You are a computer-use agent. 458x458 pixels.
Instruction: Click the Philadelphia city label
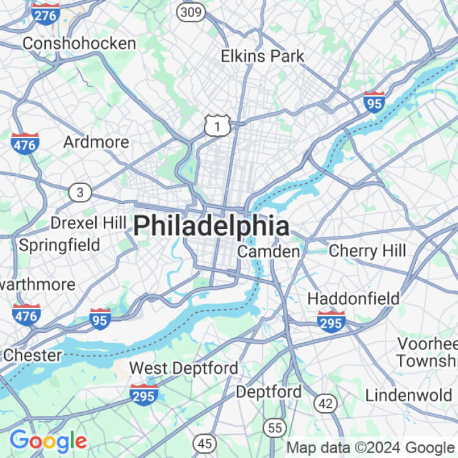click(x=211, y=226)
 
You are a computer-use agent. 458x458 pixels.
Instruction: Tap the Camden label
click(x=269, y=252)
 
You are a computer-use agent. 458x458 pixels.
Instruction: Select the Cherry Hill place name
click(x=367, y=250)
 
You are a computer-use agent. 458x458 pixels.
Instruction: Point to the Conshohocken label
click(x=79, y=43)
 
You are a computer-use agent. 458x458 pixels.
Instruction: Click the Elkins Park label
click(x=263, y=56)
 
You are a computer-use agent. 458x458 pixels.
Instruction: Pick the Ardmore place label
click(x=96, y=142)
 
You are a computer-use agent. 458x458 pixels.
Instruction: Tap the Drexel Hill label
click(x=88, y=223)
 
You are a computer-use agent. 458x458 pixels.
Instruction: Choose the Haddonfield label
click(x=354, y=299)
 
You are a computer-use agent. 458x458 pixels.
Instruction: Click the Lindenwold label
click(x=410, y=394)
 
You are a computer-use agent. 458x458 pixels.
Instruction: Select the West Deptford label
click(x=184, y=368)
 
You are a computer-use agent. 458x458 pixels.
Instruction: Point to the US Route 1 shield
click(x=217, y=125)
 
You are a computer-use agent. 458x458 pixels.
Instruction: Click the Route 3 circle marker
click(x=79, y=193)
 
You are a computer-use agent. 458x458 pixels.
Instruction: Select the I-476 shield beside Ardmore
click(x=25, y=143)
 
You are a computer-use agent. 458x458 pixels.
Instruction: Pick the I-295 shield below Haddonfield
click(x=331, y=321)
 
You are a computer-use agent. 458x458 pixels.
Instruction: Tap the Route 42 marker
click(x=326, y=402)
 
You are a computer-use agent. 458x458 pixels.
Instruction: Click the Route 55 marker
click(x=275, y=427)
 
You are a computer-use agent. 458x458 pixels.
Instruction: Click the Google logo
click(x=48, y=440)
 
